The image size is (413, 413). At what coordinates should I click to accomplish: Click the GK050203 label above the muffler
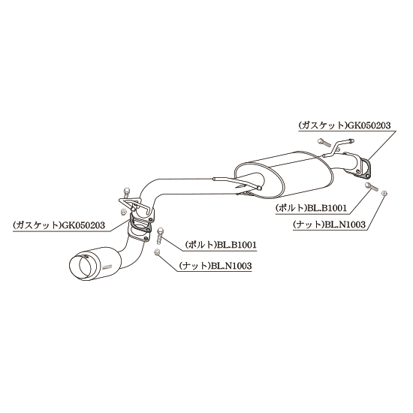(369, 125)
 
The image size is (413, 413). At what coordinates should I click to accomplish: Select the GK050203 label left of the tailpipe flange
(83, 225)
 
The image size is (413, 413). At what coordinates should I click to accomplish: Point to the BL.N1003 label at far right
(345, 225)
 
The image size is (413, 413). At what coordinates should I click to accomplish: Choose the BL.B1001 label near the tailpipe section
(236, 245)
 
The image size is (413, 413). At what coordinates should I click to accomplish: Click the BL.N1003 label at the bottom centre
(231, 266)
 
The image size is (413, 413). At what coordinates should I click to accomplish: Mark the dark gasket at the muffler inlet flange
(364, 168)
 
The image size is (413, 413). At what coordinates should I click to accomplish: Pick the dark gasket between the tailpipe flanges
(140, 225)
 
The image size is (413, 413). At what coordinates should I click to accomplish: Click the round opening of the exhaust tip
(83, 265)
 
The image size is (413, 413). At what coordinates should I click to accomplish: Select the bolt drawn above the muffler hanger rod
(324, 142)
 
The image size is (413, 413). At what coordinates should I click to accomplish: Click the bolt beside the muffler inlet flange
(372, 186)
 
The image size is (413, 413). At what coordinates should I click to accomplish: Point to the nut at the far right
(384, 193)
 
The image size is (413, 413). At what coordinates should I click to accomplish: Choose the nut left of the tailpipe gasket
(122, 212)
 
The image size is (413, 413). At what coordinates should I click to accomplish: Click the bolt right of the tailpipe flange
(159, 235)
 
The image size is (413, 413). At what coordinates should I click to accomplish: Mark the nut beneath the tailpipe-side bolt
(156, 252)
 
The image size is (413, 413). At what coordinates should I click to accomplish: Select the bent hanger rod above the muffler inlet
(338, 147)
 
